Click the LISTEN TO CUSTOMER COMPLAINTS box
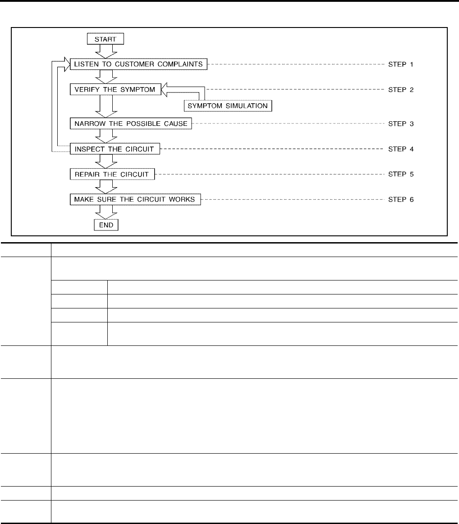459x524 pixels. pos(138,64)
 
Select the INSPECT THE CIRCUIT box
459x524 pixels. pos(115,148)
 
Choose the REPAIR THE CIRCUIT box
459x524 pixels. pos(112,174)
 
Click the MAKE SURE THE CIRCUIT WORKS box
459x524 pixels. pos(135,199)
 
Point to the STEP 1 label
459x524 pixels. pos(400,64)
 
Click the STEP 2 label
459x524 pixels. pos(400,90)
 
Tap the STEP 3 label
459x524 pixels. pos(400,123)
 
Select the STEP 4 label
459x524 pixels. pos(400,148)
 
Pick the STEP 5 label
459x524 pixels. pos(400,174)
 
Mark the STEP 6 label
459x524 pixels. pos(400,199)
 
